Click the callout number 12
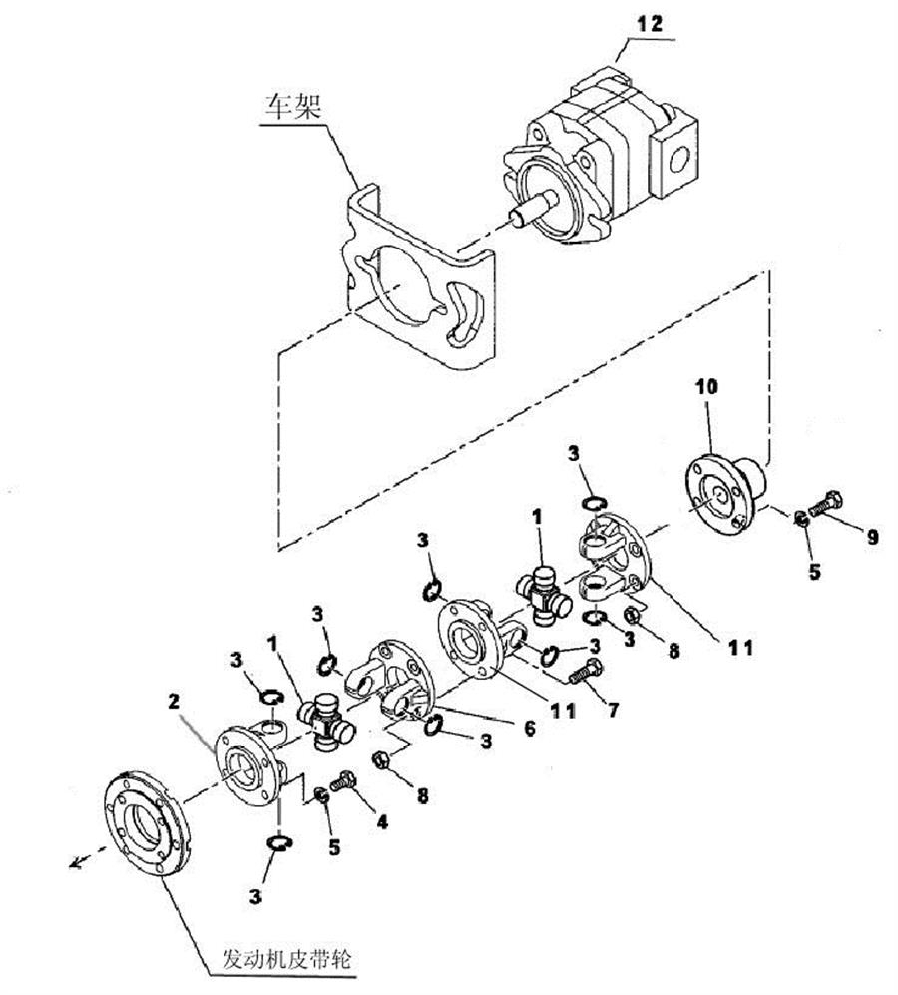[x=649, y=24]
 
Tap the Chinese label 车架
[x=293, y=105]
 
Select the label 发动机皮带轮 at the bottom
[x=286, y=957]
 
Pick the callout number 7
[x=613, y=709]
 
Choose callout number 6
[x=529, y=728]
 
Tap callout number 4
[x=382, y=822]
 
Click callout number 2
[x=174, y=702]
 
